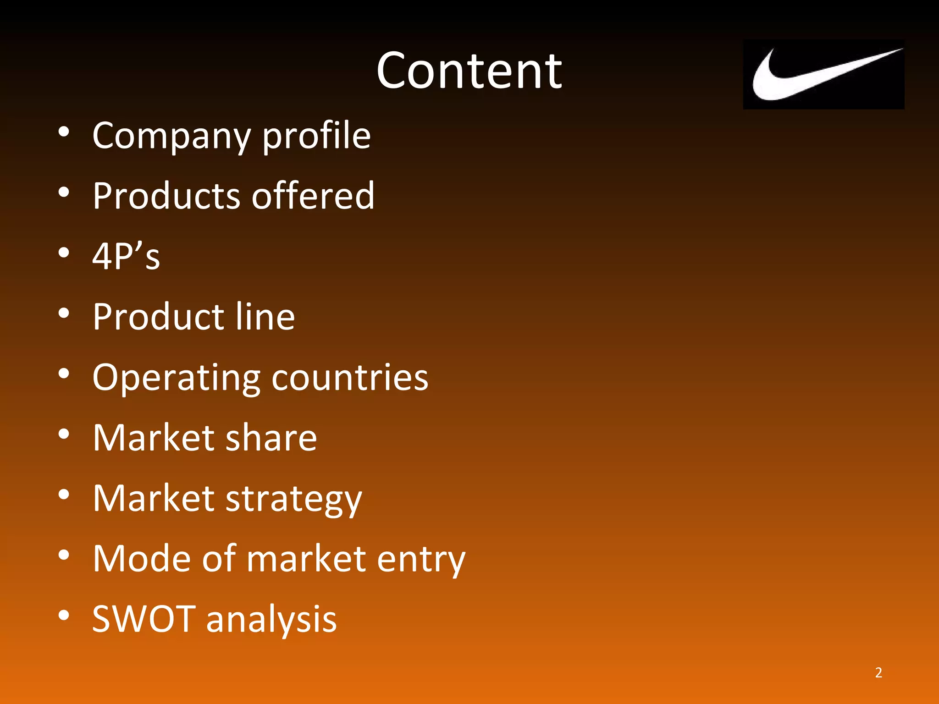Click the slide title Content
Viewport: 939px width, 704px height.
click(469, 71)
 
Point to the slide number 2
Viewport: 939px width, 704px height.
click(878, 672)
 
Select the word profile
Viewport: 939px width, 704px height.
click(316, 136)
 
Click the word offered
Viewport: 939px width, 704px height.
click(313, 196)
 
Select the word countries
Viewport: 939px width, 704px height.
click(350, 378)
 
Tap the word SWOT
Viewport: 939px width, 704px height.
click(144, 619)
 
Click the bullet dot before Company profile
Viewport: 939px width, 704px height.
click(64, 132)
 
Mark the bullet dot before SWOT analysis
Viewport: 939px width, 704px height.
click(64, 615)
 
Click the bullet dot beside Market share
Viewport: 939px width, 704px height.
click(64, 434)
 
